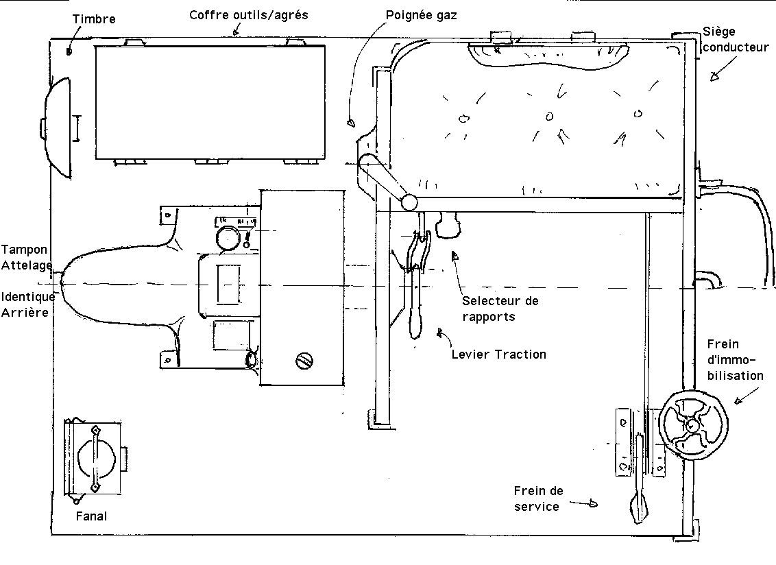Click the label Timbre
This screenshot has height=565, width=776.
(x=94, y=19)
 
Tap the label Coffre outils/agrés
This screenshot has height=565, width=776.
(x=248, y=14)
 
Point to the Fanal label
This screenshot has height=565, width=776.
(x=91, y=516)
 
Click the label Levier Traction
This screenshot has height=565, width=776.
(x=499, y=354)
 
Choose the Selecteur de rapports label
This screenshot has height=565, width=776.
(x=500, y=309)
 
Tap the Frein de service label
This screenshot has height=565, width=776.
(x=538, y=498)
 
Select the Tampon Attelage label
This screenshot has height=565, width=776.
(x=26, y=257)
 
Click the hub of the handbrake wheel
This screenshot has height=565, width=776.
(x=691, y=424)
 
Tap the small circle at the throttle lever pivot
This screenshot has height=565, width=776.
(x=410, y=202)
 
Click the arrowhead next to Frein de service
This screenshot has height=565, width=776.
(x=592, y=504)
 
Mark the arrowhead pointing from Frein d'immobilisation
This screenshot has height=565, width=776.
(x=738, y=400)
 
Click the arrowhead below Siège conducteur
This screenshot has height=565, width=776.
(x=713, y=77)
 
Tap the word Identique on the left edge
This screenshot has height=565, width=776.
(x=27, y=297)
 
